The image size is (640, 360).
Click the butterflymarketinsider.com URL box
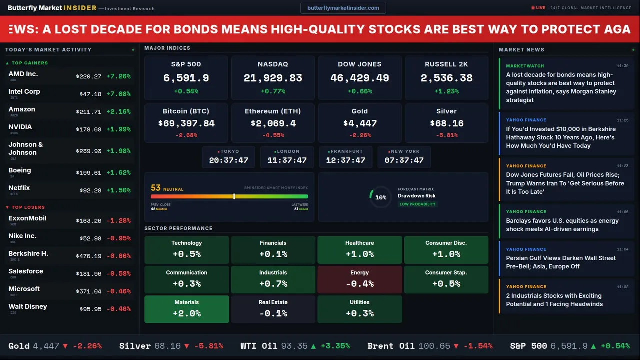click(343, 8)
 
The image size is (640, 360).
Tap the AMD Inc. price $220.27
click(89, 76)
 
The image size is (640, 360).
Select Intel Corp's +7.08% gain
click(118, 94)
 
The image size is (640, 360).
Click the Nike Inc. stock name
click(22, 236)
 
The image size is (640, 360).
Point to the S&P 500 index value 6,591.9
click(186, 78)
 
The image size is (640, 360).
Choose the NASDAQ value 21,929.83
click(273, 78)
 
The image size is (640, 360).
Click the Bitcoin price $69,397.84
click(186, 123)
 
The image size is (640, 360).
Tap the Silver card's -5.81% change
click(446, 135)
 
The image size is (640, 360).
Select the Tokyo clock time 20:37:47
click(228, 160)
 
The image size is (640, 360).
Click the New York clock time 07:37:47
click(404, 160)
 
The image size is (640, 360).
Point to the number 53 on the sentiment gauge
click(156, 188)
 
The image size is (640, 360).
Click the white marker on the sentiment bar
click(234, 196)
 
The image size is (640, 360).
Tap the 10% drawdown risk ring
click(380, 197)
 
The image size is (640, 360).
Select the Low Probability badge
click(417, 204)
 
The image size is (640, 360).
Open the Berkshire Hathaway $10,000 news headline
click(560, 137)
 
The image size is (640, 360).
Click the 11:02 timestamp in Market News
click(622, 287)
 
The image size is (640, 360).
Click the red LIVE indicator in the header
click(538, 8)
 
